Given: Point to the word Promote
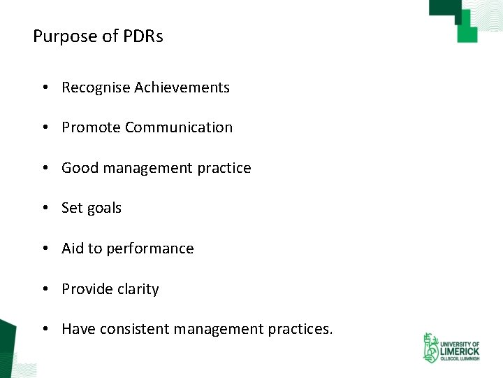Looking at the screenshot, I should pyautogui.click(x=91, y=127).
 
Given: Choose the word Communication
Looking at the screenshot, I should pyautogui.click(x=179, y=127).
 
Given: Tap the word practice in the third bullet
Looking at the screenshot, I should pyautogui.click(x=224, y=168).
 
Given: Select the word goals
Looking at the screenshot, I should pyautogui.click(x=104, y=209).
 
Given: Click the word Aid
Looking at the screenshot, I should pyautogui.click(x=73, y=248).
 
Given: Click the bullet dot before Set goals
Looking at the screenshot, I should pyautogui.click(x=44, y=209).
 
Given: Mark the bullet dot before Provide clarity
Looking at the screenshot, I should pyautogui.click(x=44, y=289).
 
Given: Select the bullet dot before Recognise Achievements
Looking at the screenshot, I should pyautogui.click(x=44, y=87).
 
